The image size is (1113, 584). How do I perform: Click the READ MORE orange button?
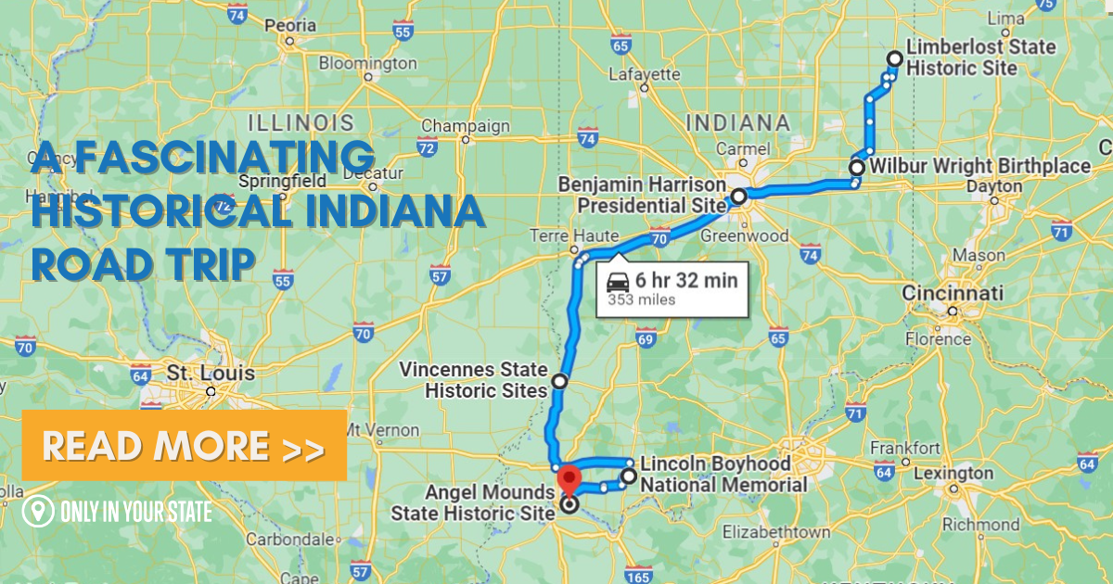click(184, 446)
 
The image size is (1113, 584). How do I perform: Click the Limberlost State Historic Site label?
click(979, 57)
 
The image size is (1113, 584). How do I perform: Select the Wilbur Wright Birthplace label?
click(985, 166)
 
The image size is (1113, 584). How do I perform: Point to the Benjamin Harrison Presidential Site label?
click(641, 195)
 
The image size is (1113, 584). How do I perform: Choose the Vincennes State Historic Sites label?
click(473, 380)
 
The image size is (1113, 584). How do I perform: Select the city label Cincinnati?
click(953, 294)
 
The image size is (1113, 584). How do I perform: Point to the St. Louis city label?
click(198, 374)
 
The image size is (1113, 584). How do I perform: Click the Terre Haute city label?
click(560, 235)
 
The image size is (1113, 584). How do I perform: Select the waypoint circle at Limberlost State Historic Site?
click(894, 58)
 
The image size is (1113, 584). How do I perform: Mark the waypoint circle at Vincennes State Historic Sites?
click(559, 380)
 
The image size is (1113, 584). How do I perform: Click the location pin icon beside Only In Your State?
click(38, 511)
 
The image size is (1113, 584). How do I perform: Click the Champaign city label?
click(466, 126)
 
